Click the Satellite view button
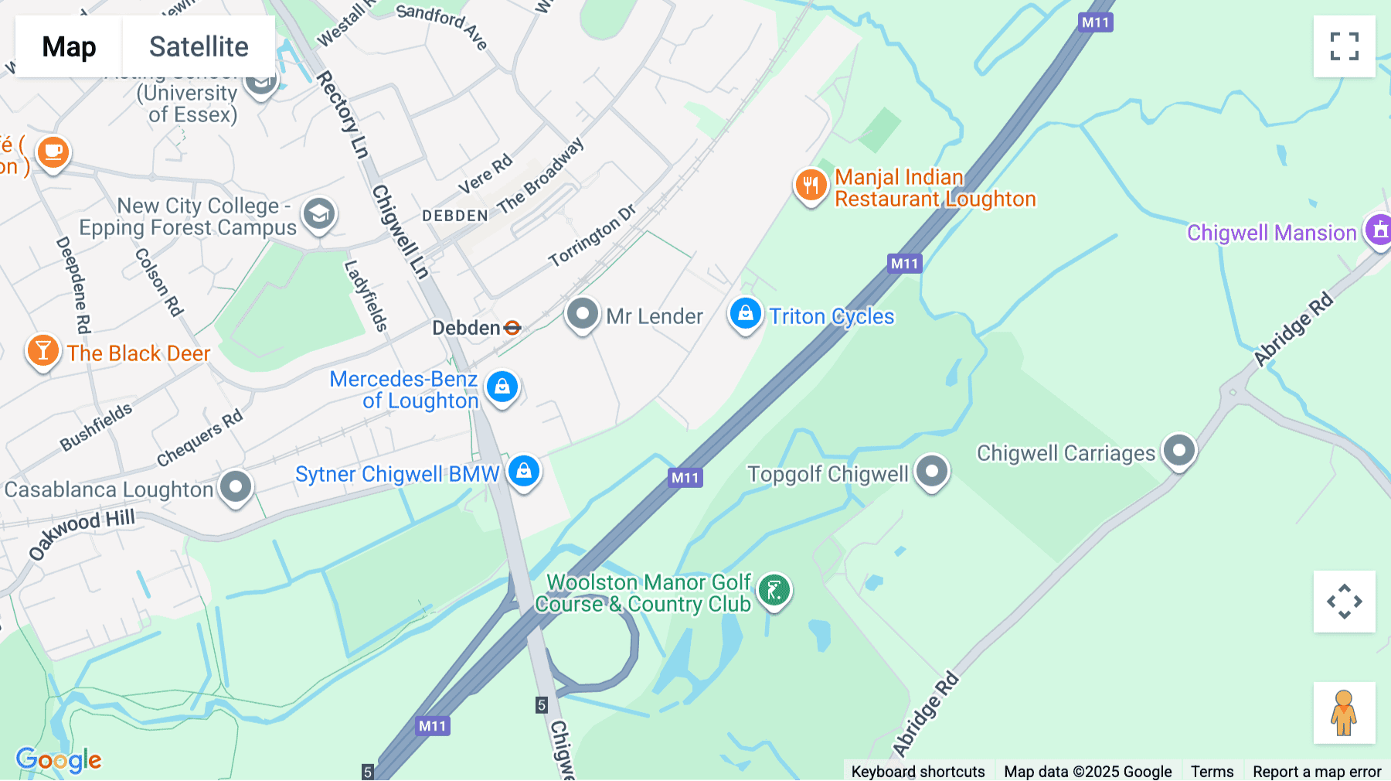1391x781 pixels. point(199,47)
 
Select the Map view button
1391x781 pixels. point(69,47)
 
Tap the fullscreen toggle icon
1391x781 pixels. point(1344,46)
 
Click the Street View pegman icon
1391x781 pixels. point(1344,712)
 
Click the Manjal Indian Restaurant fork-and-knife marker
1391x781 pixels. point(811,186)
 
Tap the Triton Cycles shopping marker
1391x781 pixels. point(745,314)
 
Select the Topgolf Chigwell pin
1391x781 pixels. point(932,471)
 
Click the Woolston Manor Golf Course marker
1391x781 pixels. point(774,591)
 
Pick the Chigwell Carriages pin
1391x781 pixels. point(1178,450)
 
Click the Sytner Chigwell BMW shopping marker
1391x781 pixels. point(524,470)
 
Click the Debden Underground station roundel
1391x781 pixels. point(512,328)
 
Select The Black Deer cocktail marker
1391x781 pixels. point(43,351)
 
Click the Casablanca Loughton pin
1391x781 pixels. point(236,487)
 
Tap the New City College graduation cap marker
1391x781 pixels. point(318,213)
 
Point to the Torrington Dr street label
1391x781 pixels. point(592,235)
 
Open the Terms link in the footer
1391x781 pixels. point(1212,771)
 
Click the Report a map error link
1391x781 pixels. point(1317,771)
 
